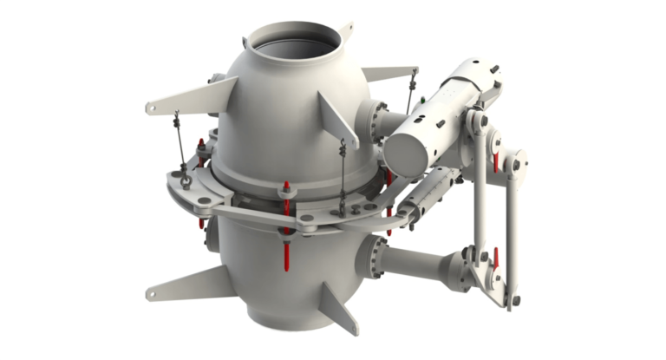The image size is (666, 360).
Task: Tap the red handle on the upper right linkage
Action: [496, 160]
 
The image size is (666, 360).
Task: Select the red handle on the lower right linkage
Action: [495, 257]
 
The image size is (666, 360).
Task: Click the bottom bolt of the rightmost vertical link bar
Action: [515, 300]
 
